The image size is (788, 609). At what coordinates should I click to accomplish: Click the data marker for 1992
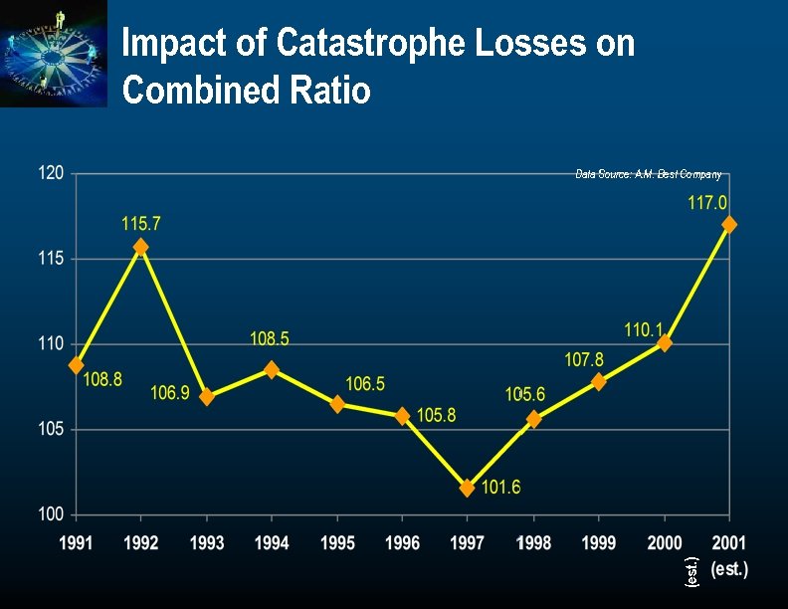point(141,247)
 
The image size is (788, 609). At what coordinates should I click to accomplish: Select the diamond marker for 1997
point(468,488)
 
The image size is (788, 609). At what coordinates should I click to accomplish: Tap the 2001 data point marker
point(729,225)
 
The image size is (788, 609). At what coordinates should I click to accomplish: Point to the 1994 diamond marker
point(272,369)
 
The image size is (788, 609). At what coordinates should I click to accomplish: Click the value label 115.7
point(141,225)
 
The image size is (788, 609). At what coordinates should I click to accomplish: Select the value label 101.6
point(501,487)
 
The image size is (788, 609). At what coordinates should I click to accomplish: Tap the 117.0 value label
point(707,203)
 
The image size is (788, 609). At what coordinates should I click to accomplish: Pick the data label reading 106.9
point(170,393)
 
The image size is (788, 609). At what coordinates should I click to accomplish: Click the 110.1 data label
point(644,329)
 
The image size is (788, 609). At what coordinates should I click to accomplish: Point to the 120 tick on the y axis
point(52,173)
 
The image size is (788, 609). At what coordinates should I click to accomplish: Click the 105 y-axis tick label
point(52,430)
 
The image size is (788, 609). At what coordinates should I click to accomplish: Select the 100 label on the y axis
point(52,514)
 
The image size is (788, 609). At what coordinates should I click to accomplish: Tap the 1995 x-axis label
point(337,543)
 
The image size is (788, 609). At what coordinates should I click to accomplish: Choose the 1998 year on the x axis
point(533,543)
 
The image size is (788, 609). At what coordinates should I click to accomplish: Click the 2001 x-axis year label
point(728,543)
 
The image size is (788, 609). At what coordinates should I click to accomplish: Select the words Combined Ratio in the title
point(247,91)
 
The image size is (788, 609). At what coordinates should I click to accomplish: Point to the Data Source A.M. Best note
point(649,174)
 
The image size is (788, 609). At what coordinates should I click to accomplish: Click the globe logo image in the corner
point(54,54)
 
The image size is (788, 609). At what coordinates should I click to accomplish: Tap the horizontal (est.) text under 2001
point(729,569)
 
